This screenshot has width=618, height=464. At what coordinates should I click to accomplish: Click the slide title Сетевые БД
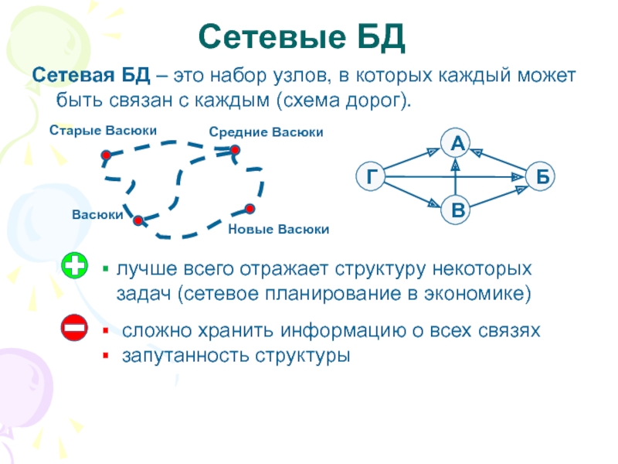tap(301, 36)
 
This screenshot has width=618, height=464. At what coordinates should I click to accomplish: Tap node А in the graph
tap(457, 143)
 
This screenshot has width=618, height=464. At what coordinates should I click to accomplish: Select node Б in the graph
tap(542, 177)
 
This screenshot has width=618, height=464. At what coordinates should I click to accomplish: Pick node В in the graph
tap(457, 211)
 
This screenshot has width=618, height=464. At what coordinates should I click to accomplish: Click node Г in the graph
tap(371, 177)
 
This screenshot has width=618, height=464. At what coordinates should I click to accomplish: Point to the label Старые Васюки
tap(103, 130)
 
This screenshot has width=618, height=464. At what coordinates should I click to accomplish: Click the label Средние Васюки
tap(266, 133)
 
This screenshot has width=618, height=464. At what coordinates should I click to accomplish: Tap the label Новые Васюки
tap(280, 230)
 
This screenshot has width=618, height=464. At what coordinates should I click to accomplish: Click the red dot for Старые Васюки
tap(106, 155)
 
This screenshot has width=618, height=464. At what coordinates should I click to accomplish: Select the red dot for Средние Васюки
tap(235, 150)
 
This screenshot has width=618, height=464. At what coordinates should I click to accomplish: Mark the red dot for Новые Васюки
tap(250, 208)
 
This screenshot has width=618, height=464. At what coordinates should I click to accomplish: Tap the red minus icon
tap(75, 329)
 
